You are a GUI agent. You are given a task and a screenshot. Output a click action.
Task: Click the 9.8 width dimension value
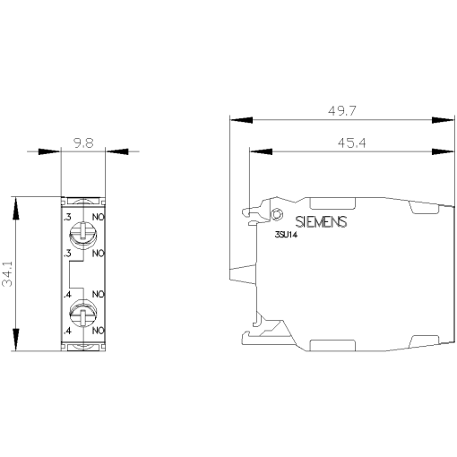(x=82, y=142)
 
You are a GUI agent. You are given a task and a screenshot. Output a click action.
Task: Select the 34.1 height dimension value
(x=7, y=274)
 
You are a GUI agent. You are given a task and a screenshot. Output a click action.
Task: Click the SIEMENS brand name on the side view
(x=320, y=222)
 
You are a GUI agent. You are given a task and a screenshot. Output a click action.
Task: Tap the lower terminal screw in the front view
(x=82, y=316)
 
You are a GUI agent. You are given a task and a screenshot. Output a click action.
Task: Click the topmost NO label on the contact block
(x=99, y=216)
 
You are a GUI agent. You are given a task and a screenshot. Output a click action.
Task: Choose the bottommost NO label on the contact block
(x=99, y=332)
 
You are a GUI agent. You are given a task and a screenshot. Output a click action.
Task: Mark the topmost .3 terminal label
(x=66, y=216)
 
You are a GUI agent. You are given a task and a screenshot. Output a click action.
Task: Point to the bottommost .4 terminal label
(x=66, y=332)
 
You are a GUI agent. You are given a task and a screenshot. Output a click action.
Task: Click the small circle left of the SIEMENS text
(x=277, y=216)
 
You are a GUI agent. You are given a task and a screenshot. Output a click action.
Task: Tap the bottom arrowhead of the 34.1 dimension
(x=14, y=343)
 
